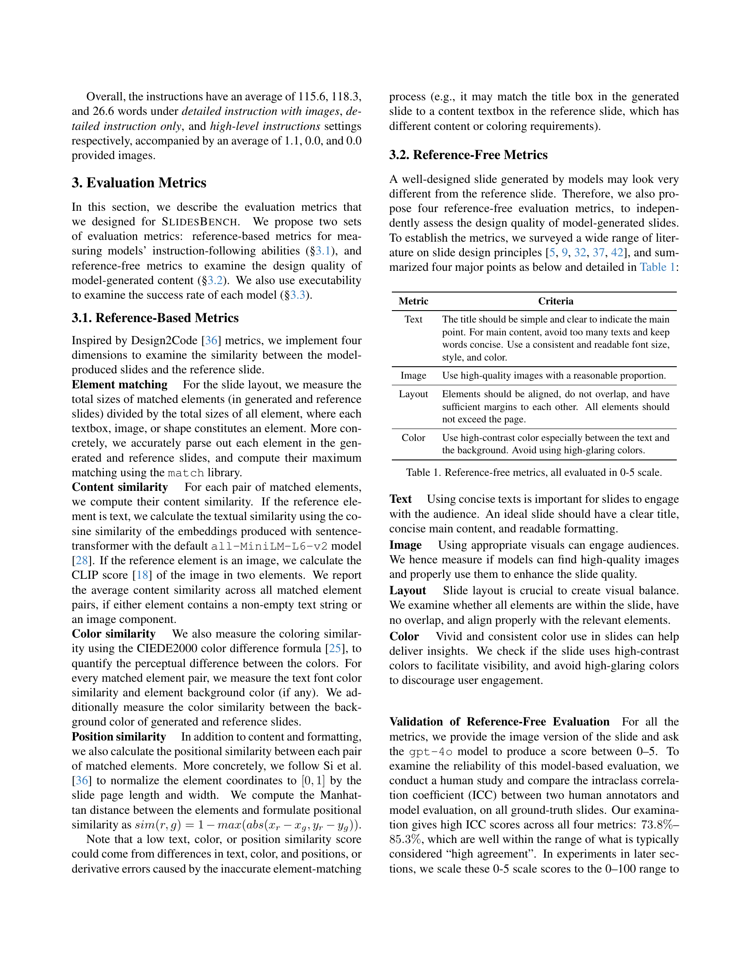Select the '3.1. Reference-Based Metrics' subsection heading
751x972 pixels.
pyautogui.click(x=155, y=318)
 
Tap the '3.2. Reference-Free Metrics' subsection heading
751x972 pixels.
pyautogui.click(x=468, y=155)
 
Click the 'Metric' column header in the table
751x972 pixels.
pyautogui.click(x=413, y=301)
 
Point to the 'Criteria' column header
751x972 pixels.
pyautogui.click(x=556, y=301)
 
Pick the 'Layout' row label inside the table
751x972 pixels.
pyautogui.click(x=413, y=394)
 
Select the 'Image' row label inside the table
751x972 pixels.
pyautogui.click(x=413, y=376)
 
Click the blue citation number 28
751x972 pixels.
pyautogui.click(x=82, y=560)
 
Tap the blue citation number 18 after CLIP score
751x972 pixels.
pyautogui.click(x=142, y=575)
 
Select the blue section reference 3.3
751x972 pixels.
pyautogui.click(x=298, y=295)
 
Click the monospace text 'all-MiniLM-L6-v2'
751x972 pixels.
pyautogui.click(x=269, y=546)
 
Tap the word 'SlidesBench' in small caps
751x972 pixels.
pyautogui.click(x=199, y=222)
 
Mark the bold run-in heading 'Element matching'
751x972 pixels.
pyautogui.click(x=120, y=384)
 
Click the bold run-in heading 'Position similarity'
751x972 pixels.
pyautogui.click(x=119, y=737)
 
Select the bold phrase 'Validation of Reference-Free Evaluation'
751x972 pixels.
pyautogui.click(x=499, y=721)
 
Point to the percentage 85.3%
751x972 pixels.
pyautogui.click(x=405, y=839)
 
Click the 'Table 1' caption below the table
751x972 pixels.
pyautogui.click(x=534, y=472)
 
